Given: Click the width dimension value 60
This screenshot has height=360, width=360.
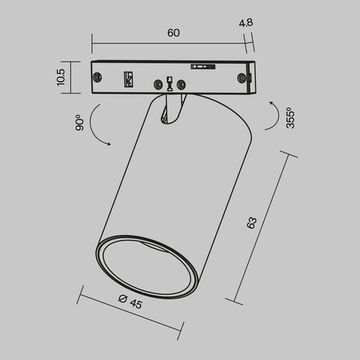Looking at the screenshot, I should coord(173,33).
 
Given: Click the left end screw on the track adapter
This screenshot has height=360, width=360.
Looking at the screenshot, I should coord(98,77).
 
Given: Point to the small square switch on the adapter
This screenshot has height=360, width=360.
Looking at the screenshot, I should coord(128,78).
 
